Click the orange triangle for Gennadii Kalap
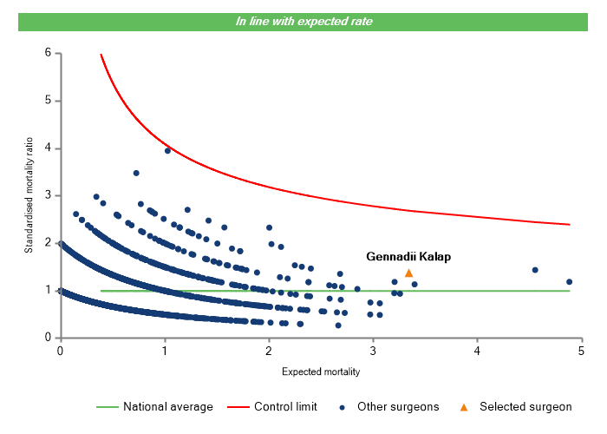[x=408, y=273]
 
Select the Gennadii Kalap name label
[x=408, y=257]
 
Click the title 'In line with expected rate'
[x=303, y=21]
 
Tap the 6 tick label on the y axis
[x=48, y=53]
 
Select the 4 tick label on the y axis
[x=48, y=148]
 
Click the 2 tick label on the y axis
[x=48, y=243]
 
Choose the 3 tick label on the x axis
[x=373, y=351]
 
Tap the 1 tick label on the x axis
[x=164, y=351]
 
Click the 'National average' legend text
[x=167, y=406]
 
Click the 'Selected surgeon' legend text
[x=525, y=406]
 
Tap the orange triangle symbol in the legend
[x=464, y=406]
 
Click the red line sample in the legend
[x=237, y=406]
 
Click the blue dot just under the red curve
[x=167, y=150]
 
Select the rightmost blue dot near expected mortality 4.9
[x=569, y=281]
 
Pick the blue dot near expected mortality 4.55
[x=535, y=270]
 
